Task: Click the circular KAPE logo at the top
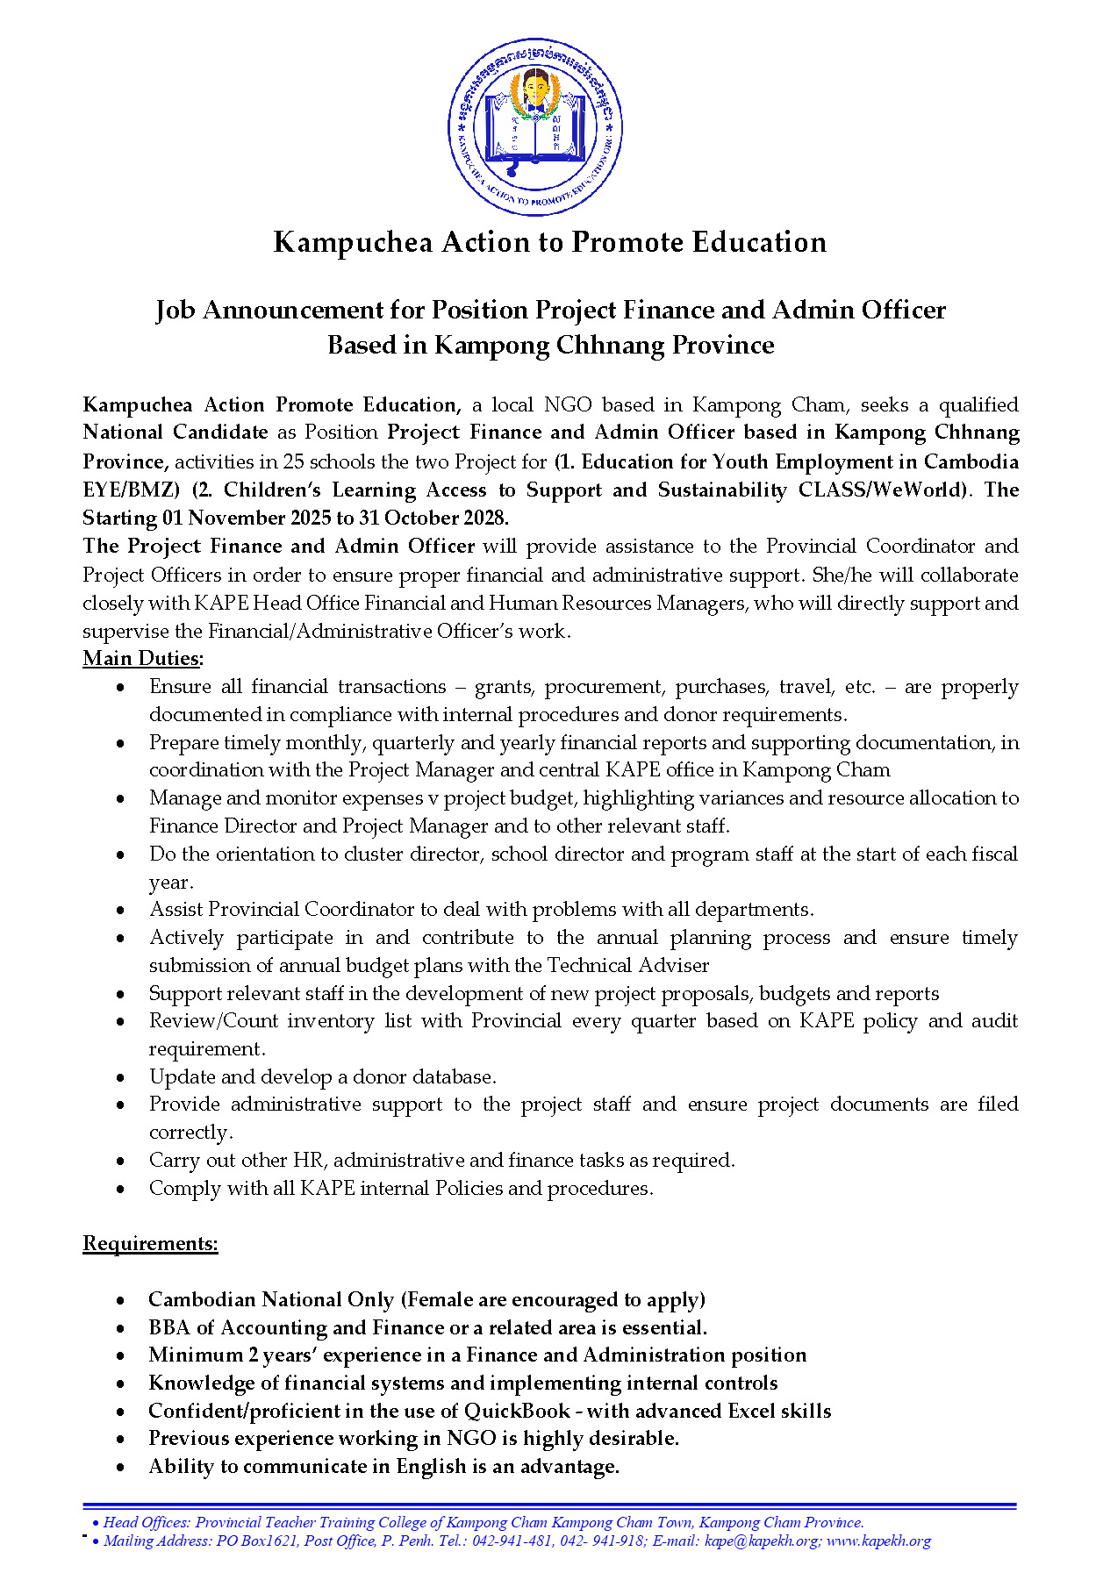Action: (535, 126)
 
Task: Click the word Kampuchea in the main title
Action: (353, 242)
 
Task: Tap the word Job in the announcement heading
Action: (176, 311)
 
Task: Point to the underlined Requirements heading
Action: (150, 1243)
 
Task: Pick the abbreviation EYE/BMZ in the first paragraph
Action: (131, 490)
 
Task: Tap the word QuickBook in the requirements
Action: (517, 1411)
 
